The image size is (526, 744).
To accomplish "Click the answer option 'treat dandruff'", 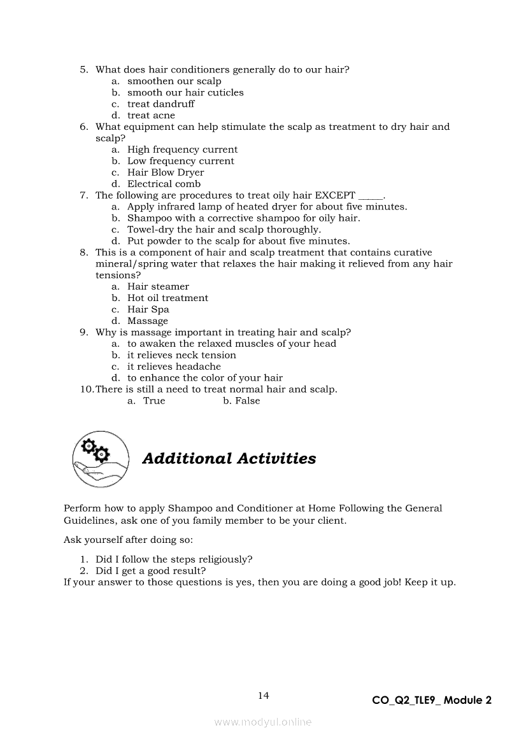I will click(x=160, y=104).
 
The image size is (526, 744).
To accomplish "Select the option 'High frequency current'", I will click(x=182, y=150).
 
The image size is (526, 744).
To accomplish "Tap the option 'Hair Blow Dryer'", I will click(x=166, y=172).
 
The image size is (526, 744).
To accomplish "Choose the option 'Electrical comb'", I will click(x=164, y=184).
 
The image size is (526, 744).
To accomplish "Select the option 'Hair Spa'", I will click(x=148, y=309).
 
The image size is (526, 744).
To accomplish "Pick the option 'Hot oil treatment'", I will click(x=167, y=298).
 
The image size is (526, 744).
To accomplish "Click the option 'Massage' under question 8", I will click(x=148, y=321).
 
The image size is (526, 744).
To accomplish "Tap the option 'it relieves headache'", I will click(x=174, y=367).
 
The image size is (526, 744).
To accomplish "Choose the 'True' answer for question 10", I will click(x=154, y=401).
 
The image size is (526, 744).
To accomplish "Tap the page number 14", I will click(x=264, y=696).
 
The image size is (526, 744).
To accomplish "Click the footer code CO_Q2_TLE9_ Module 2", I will click(x=432, y=700).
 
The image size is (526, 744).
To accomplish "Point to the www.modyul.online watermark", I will click(x=263, y=722).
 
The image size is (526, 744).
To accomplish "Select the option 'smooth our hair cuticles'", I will click(x=185, y=92).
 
